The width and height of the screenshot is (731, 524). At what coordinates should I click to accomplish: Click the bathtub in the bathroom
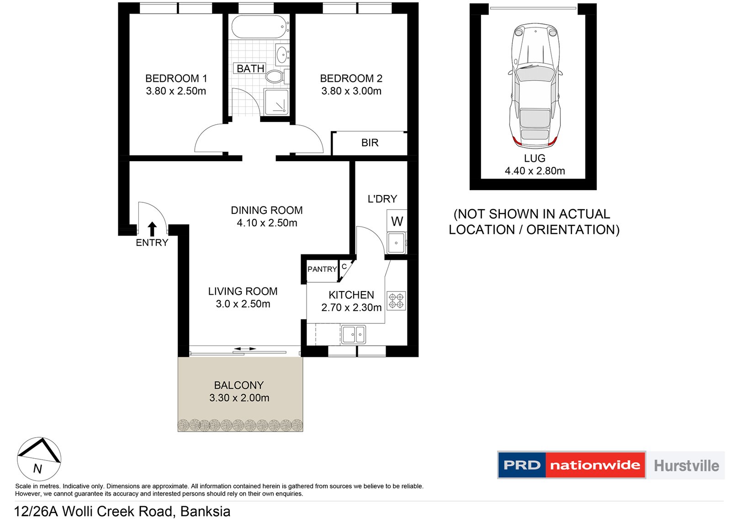click(x=260, y=27)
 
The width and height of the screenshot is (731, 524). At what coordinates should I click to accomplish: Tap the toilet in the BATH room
click(x=277, y=77)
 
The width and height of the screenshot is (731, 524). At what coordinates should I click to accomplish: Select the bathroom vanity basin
click(x=282, y=54)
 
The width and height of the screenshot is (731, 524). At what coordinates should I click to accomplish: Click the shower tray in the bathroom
click(x=276, y=102)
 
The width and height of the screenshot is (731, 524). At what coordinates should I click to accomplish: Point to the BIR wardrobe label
click(x=370, y=143)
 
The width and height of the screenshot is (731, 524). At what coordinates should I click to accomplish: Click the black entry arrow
click(x=152, y=229)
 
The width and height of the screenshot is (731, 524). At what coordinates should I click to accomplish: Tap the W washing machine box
click(x=397, y=221)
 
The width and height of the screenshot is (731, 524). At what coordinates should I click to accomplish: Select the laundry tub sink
click(x=397, y=243)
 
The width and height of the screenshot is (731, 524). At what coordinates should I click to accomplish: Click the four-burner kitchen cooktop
click(x=396, y=301)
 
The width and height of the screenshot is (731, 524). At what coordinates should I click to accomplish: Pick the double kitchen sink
click(x=354, y=334)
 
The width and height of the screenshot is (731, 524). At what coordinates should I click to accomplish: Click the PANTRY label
click(x=322, y=269)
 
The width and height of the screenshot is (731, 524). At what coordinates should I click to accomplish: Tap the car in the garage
click(x=535, y=84)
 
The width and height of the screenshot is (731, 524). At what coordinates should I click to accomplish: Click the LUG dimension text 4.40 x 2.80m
click(x=535, y=171)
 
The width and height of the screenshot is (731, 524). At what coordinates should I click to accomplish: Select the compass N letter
click(x=37, y=469)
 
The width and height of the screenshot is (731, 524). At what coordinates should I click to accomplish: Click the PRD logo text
click(x=522, y=465)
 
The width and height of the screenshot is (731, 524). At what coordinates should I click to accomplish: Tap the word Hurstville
click(x=687, y=466)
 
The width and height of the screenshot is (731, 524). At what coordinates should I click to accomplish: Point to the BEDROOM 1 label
click(x=176, y=78)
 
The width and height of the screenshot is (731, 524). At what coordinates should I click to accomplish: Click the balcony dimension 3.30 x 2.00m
click(x=239, y=398)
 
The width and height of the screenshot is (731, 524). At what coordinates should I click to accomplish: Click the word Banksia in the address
click(x=205, y=511)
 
